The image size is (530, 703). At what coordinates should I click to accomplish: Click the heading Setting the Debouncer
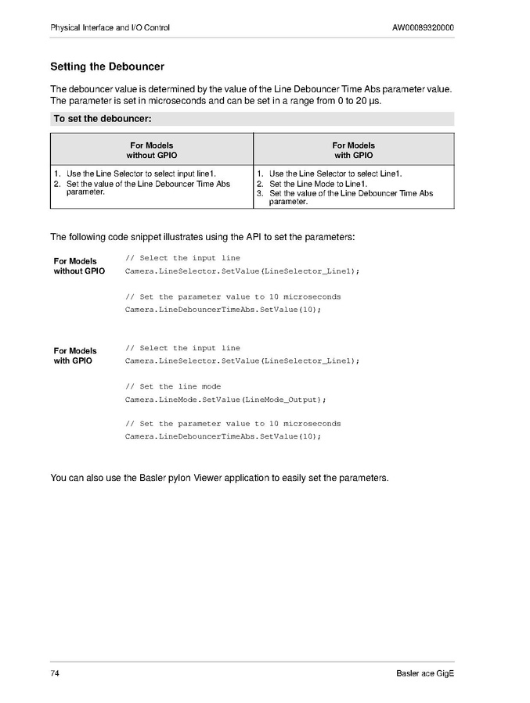(x=107, y=67)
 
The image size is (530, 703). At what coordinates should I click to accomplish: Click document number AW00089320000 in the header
(x=423, y=28)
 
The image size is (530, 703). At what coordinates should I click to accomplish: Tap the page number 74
(x=56, y=674)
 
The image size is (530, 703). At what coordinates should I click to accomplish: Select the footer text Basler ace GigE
(x=425, y=674)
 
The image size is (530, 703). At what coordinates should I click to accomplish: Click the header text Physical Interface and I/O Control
(x=110, y=28)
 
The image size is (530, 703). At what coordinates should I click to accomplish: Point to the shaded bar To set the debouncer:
(x=252, y=119)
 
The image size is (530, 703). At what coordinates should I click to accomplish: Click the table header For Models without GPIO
(x=152, y=150)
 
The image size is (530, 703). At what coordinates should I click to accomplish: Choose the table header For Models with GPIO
(x=354, y=150)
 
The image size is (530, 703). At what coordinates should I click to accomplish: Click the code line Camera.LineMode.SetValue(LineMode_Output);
(x=225, y=400)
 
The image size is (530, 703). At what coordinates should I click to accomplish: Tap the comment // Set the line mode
(x=173, y=386)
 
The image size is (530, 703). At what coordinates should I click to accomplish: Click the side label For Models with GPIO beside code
(x=75, y=356)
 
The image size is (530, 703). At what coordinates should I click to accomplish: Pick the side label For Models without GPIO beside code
(x=78, y=266)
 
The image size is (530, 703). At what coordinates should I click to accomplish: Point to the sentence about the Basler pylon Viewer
(x=219, y=477)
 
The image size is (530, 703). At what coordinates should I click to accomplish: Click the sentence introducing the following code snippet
(x=203, y=237)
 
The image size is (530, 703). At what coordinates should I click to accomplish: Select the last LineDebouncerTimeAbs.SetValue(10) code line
(x=223, y=436)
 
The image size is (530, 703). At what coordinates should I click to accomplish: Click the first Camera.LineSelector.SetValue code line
(x=242, y=271)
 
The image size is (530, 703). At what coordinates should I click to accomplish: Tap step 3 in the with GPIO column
(x=351, y=197)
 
